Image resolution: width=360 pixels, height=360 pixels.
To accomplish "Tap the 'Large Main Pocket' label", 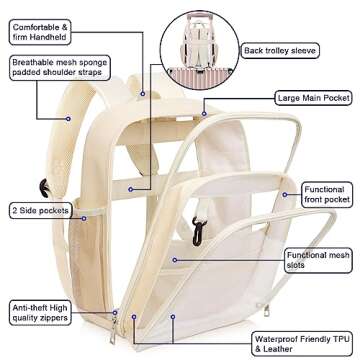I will [312, 98].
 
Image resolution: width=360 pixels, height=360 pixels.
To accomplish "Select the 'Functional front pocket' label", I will [324, 196].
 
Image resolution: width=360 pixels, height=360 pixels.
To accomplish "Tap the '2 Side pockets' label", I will [40, 210].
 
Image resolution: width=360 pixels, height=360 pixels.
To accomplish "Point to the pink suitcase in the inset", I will [194, 67].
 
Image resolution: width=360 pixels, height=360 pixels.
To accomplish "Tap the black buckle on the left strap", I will [46, 187].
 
